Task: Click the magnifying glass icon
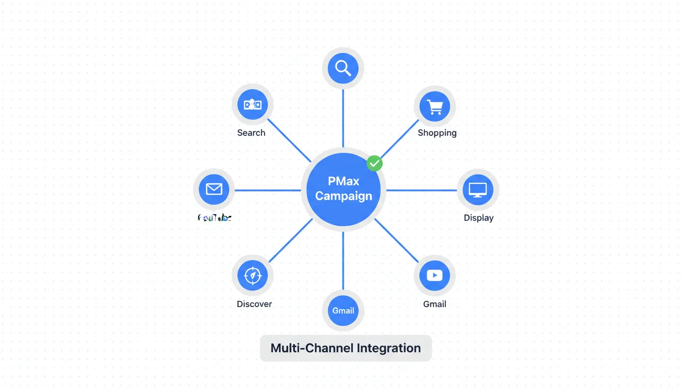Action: [x=343, y=68]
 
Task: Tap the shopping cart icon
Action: [x=435, y=106]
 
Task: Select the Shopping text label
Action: [x=437, y=133]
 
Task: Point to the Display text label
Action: [x=478, y=218]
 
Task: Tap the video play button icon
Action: [x=435, y=275]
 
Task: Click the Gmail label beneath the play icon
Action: [x=435, y=304]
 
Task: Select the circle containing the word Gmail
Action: [x=343, y=311]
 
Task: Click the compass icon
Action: [x=252, y=275]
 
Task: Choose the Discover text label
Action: [x=254, y=304]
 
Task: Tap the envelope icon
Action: [x=214, y=189]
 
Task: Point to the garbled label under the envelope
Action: [x=214, y=218]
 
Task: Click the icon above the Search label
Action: [x=252, y=105]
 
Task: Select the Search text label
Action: [x=251, y=133]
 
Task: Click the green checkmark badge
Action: [x=375, y=163]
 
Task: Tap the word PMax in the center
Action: [x=344, y=181]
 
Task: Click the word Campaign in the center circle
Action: [x=344, y=196]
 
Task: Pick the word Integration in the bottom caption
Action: [x=389, y=348]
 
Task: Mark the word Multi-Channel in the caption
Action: [x=312, y=348]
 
